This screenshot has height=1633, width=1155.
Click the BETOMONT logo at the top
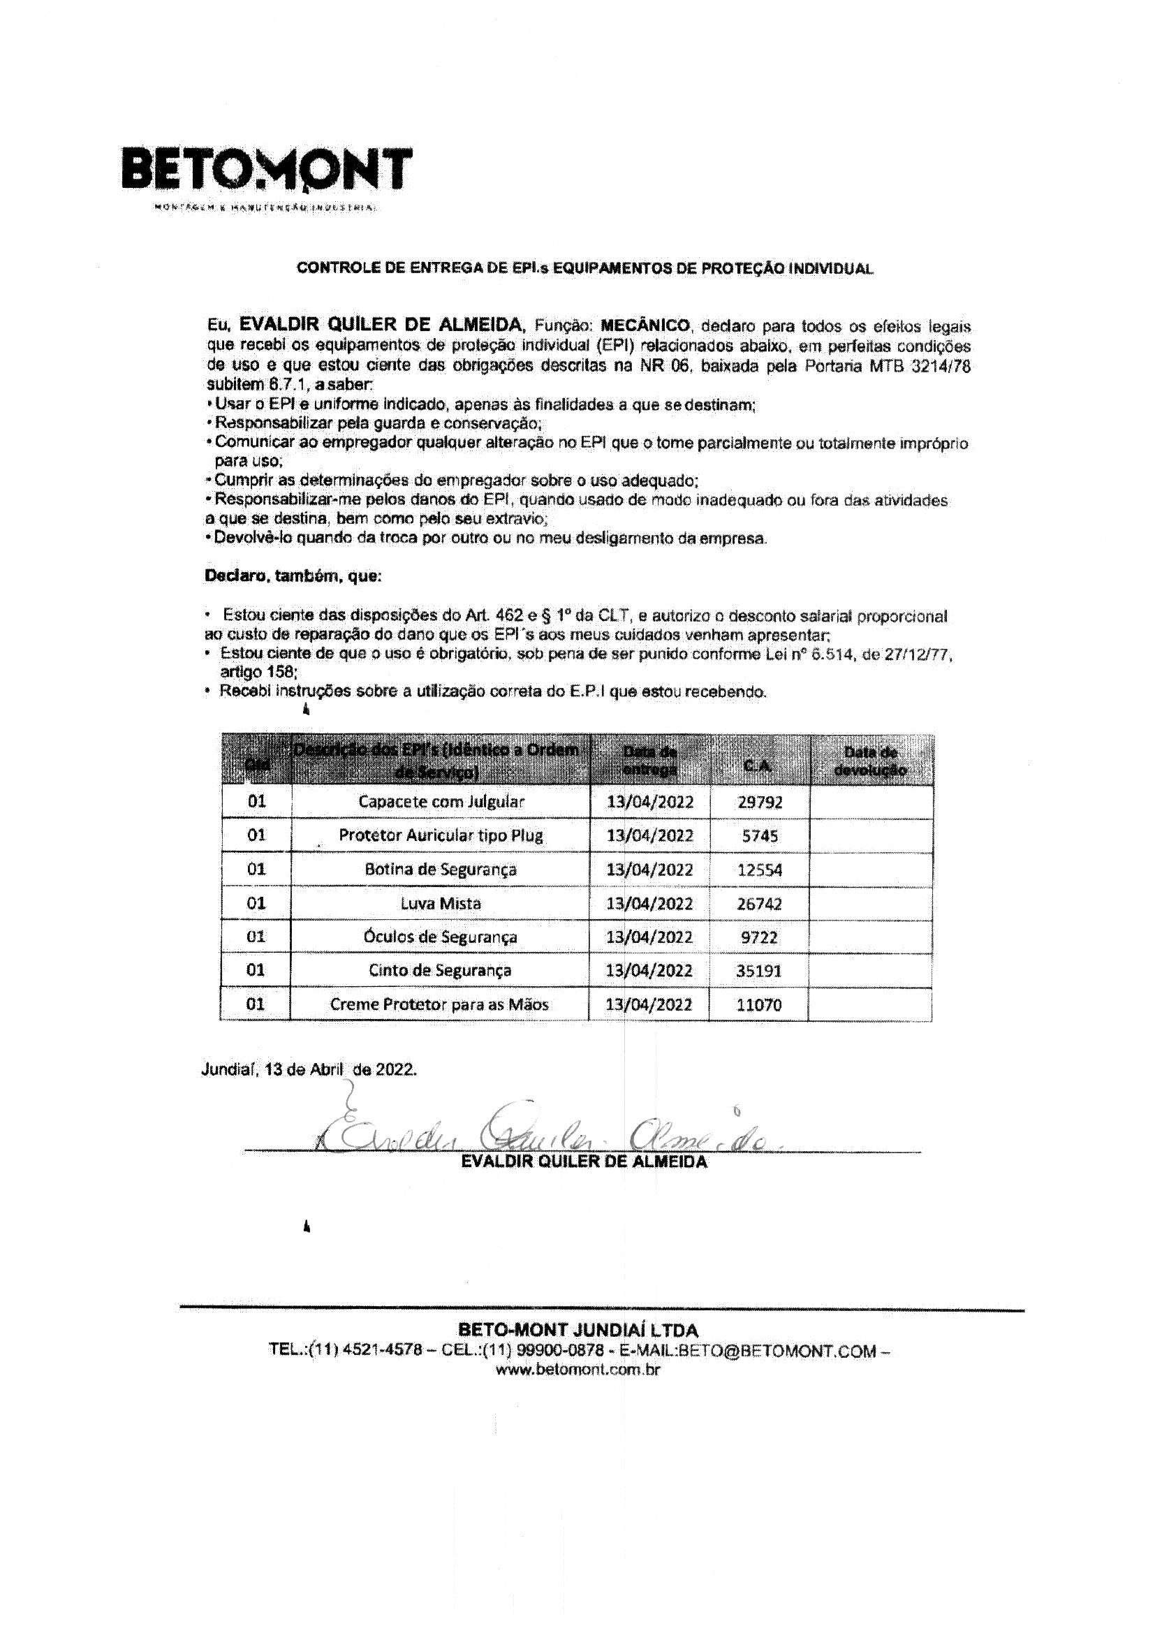coord(267,170)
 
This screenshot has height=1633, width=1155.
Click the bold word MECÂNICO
coord(645,326)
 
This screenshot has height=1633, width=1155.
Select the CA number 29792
coord(760,803)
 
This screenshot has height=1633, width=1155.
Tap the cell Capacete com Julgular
coord(441,802)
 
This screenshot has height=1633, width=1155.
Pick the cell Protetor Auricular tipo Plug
coord(441,835)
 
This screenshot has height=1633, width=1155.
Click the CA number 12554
coord(760,870)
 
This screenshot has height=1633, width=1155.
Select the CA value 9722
coord(760,937)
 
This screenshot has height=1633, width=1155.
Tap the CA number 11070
coord(760,1005)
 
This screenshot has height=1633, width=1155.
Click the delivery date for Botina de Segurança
coord(649,870)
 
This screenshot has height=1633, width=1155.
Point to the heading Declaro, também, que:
coord(293,576)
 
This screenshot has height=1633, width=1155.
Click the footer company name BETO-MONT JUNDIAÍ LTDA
coord(578,1330)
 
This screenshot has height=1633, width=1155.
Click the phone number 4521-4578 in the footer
coord(383,1351)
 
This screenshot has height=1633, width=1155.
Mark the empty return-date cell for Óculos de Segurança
coord(871,937)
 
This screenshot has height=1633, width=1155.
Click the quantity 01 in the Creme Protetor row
coord(256,1005)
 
